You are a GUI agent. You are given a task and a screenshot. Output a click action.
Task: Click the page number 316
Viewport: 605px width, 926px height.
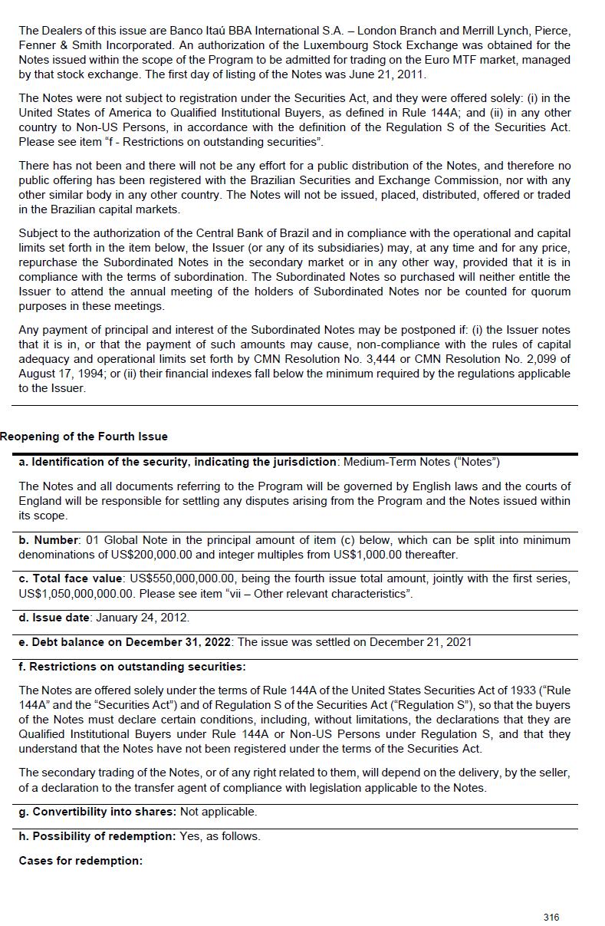[x=551, y=917]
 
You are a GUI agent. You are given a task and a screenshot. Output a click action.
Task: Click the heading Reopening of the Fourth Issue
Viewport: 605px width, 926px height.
[x=84, y=437]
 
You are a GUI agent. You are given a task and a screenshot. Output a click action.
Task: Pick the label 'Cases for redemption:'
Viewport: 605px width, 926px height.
[x=81, y=860]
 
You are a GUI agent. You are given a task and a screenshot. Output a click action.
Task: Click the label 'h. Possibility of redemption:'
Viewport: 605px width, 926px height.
[x=97, y=835]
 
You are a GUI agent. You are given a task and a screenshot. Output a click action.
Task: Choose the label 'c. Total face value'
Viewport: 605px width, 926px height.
[x=71, y=578]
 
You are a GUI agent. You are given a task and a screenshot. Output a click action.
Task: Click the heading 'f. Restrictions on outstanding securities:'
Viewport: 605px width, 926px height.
[x=132, y=666]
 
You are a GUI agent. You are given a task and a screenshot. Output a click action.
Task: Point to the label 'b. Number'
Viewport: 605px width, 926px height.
[x=49, y=539]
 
